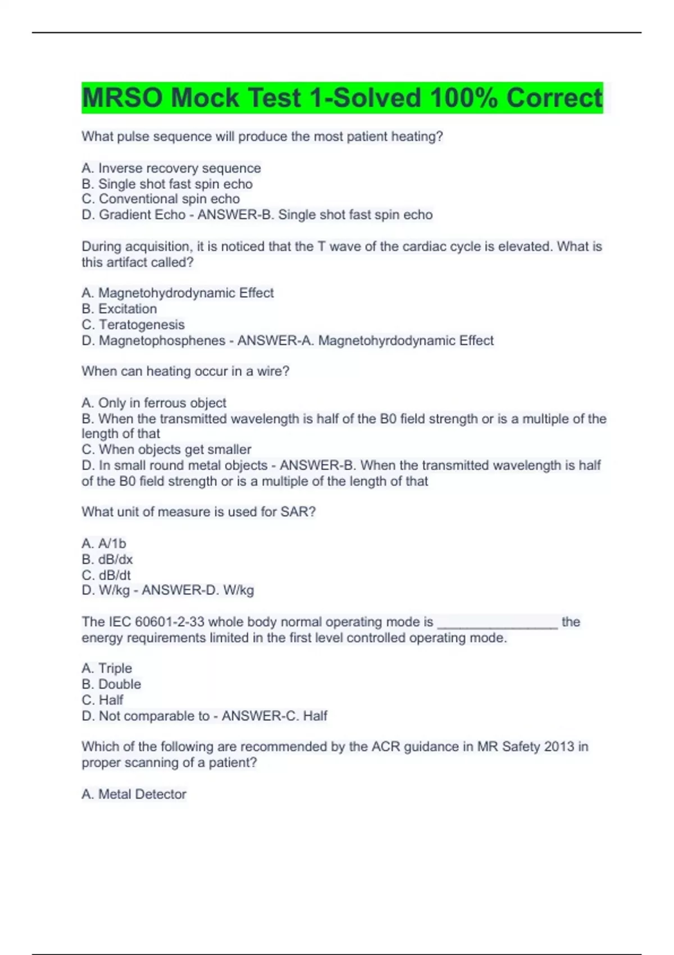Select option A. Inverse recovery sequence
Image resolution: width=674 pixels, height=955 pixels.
click(x=171, y=168)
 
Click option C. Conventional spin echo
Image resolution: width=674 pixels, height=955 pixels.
click(x=161, y=199)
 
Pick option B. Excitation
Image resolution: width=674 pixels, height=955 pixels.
click(x=119, y=308)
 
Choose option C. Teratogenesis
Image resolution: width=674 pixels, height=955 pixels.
click(x=133, y=325)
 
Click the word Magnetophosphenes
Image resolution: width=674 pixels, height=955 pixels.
click(x=162, y=340)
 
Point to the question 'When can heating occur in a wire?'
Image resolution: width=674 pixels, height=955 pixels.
click(x=185, y=371)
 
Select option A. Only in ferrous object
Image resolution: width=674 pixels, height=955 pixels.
click(x=154, y=403)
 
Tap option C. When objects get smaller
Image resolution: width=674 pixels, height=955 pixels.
click(x=166, y=449)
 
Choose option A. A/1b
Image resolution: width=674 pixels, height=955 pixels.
click(x=104, y=543)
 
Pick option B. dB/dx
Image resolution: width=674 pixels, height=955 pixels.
click(x=107, y=560)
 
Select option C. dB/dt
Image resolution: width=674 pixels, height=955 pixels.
click(x=106, y=575)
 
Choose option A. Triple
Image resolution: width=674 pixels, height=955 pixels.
click(x=107, y=668)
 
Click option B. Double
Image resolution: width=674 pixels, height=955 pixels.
click(x=111, y=684)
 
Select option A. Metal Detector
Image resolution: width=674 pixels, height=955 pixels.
click(x=134, y=794)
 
